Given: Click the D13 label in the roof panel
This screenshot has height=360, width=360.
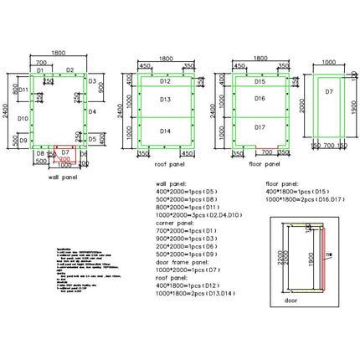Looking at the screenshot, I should [x=165, y=100].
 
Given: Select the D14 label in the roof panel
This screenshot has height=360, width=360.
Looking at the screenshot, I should [x=165, y=131].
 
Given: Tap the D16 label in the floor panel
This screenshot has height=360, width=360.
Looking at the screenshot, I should [x=260, y=99].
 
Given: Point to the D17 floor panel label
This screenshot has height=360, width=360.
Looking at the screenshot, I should [x=260, y=127].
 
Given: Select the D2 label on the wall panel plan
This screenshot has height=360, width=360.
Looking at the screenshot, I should [x=70, y=70].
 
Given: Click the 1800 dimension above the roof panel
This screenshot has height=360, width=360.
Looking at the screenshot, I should [x=165, y=59].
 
